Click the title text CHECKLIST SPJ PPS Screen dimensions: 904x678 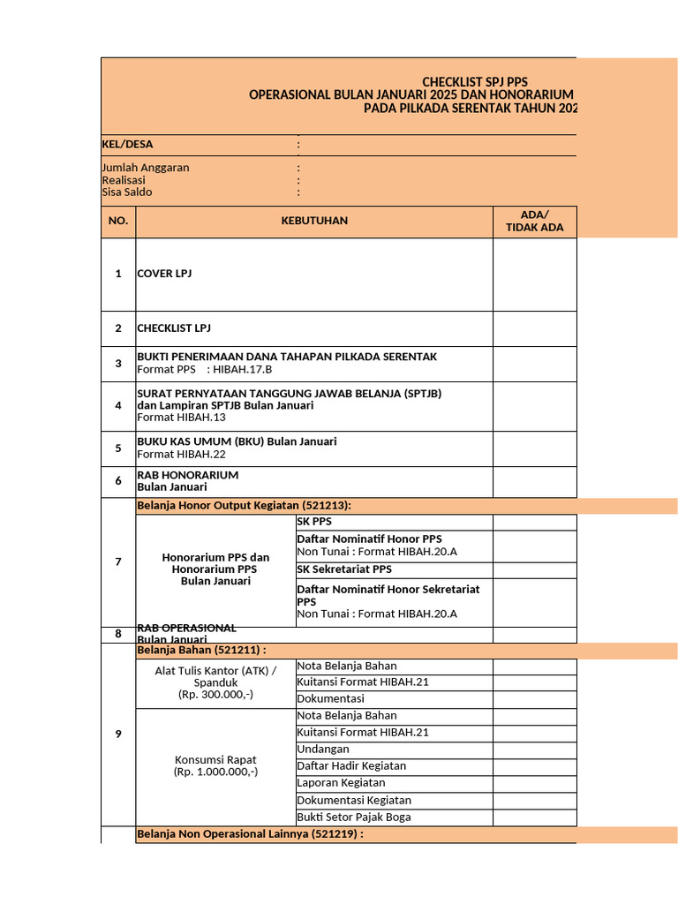[475, 82]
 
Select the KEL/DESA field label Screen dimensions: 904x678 [121, 144]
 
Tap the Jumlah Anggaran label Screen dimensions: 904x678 [146, 167]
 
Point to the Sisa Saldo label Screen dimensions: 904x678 [127, 192]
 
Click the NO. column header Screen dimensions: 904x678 [118, 221]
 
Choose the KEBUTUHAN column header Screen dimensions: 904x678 [314, 221]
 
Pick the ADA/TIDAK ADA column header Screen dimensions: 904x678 [534, 221]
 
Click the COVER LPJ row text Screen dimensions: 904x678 [164, 274]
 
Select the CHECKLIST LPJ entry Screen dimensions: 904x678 [174, 328]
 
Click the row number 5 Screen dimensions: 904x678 [118, 448]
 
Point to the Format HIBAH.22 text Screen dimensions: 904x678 [181, 454]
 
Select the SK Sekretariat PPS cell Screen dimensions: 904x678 [344, 569]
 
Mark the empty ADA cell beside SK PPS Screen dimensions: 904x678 [534, 522]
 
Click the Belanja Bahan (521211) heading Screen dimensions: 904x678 [202, 651]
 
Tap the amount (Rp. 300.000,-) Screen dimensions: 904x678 [215, 695]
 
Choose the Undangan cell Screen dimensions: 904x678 [323, 749]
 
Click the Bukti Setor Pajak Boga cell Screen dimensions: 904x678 [354, 817]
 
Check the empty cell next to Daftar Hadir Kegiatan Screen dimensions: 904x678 [534, 765]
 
